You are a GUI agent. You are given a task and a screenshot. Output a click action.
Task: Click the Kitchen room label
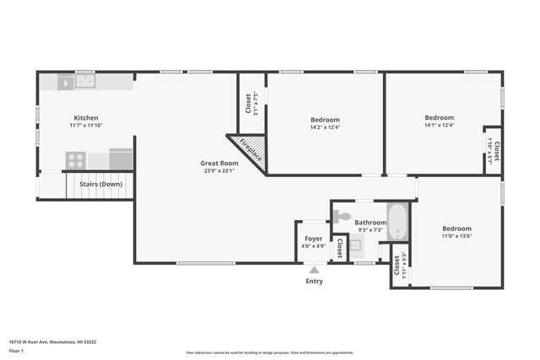click(x=85, y=118)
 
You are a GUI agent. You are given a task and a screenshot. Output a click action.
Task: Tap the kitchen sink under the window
click(x=84, y=82)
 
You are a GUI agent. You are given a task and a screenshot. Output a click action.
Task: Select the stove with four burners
click(x=76, y=159)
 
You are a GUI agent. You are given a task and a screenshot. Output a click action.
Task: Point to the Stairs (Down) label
click(x=100, y=184)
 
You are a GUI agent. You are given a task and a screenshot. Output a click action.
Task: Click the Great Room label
click(x=218, y=163)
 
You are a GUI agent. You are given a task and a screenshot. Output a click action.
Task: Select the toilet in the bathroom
click(x=341, y=217)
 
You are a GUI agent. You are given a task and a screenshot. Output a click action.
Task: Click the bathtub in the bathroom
click(x=397, y=221)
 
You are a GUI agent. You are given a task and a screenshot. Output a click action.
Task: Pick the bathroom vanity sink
click(x=355, y=246)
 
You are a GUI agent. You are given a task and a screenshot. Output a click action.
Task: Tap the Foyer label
click(x=313, y=239)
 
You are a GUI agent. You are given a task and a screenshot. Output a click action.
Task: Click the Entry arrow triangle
click(x=314, y=270)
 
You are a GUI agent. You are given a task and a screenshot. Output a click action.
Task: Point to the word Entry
click(x=314, y=281)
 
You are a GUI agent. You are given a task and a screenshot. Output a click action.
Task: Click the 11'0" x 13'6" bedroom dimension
click(x=456, y=236)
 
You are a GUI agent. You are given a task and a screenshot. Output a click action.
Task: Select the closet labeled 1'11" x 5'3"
click(x=399, y=266)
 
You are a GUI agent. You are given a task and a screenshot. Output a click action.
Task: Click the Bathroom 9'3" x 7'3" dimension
click(x=370, y=229)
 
